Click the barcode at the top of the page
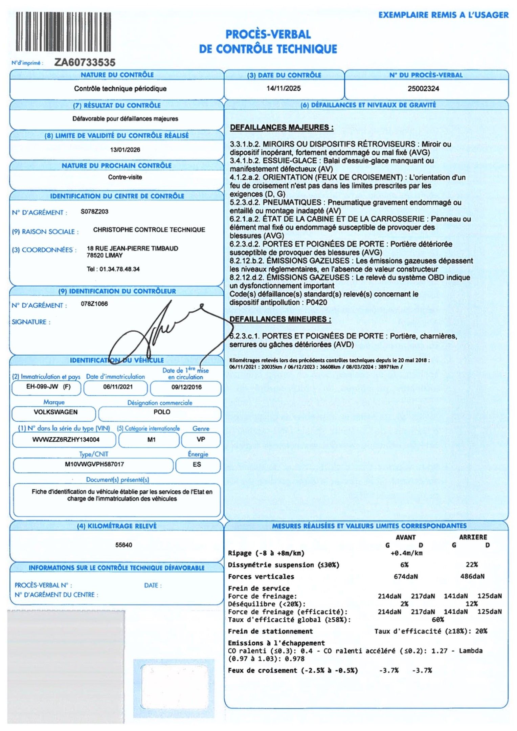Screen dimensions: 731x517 click(x=63, y=32)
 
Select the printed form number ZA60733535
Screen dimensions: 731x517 click(x=85, y=63)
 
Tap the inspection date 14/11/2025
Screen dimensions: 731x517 click(x=284, y=89)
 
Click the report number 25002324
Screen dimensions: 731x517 click(x=423, y=89)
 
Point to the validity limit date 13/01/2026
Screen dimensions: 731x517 click(x=125, y=150)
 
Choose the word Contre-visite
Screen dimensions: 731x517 click(x=125, y=177)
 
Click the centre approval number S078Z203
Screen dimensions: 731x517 click(x=94, y=212)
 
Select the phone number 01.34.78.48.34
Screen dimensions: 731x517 click(x=119, y=269)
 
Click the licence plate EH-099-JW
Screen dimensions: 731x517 click(x=42, y=387)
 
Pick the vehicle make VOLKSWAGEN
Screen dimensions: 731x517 click(x=55, y=412)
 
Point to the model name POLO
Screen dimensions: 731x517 click(x=162, y=412)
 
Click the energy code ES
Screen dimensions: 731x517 click(x=197, y=465)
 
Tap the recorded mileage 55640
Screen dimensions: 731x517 click(x=124, y=545)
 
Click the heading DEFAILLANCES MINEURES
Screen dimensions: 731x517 click(x=280, y=319)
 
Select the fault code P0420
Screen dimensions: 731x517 click(x=317, y=303)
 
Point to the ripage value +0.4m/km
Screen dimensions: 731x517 click(x=406, y=553)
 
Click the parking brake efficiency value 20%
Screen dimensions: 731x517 click(x=481, y=631)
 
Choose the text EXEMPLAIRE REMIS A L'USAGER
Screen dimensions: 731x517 click(x=443, y=15)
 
